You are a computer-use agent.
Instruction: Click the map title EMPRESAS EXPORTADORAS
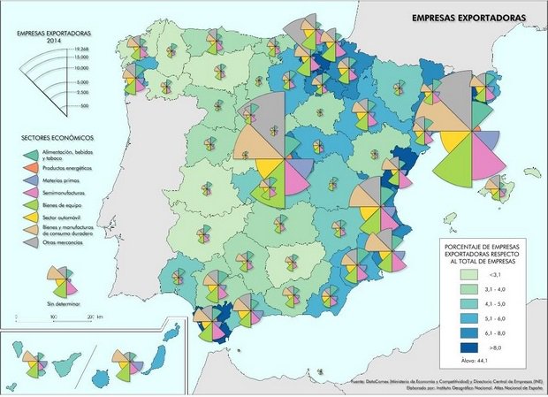466,17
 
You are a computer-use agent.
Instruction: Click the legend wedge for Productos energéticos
29,168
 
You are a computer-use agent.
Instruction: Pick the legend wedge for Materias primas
29,180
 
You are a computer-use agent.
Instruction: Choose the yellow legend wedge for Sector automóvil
29,217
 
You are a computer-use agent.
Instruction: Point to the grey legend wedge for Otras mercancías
29,242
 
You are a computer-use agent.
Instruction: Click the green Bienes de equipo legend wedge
29,204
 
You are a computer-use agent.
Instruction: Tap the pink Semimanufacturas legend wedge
29,192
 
